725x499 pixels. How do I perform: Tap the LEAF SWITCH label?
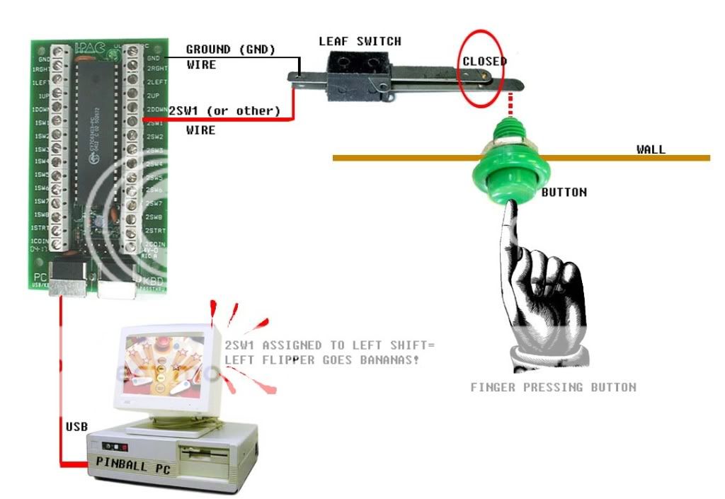pos(360,42)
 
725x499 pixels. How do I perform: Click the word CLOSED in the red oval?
pos(484,62)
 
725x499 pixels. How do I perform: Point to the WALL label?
pos(651,149)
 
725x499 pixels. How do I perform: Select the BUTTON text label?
pos(564,192)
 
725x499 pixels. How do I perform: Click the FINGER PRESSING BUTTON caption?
pos(553,387)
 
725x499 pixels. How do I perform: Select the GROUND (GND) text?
pos(229,50)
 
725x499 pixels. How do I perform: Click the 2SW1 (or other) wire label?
pos(224,111)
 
